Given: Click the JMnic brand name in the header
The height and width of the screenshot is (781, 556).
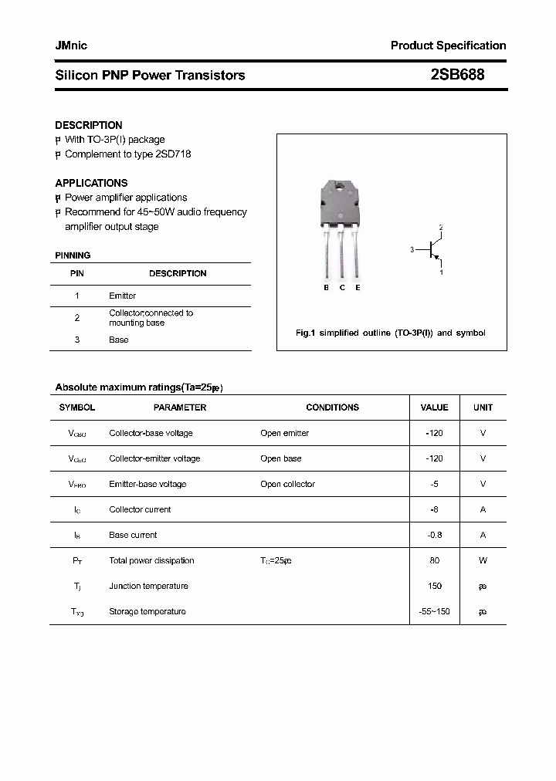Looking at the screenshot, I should coord(71,46).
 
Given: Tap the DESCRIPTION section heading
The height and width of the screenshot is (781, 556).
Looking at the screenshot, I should coord(88,125).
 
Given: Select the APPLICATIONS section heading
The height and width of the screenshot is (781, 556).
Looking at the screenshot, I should coord(91,183).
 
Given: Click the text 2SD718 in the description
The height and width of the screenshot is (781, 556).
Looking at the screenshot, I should coord(173,154).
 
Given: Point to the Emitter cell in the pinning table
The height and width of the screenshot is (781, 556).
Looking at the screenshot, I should coord(122,296).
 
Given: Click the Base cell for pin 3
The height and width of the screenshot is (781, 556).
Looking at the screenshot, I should coord(118,340).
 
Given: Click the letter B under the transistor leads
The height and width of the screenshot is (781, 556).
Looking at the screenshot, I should coord(326,288).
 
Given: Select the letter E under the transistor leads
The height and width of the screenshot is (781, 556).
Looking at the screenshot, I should coord(358,288).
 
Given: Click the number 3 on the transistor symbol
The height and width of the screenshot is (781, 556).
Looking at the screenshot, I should coord(412,249).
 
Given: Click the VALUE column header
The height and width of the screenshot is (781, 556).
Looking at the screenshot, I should coord(434,407).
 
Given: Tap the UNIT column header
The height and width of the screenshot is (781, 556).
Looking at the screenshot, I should coord(483,407).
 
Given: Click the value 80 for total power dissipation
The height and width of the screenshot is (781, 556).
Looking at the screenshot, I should coord(434,560).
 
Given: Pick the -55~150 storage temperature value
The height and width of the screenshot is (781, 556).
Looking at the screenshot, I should coord(434,611).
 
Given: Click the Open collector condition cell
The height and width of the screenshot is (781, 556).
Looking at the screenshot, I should coord(287,484).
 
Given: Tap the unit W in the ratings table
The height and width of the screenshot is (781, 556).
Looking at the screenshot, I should coord(483,560).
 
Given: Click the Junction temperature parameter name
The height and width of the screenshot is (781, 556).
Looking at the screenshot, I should coord(148,586).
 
